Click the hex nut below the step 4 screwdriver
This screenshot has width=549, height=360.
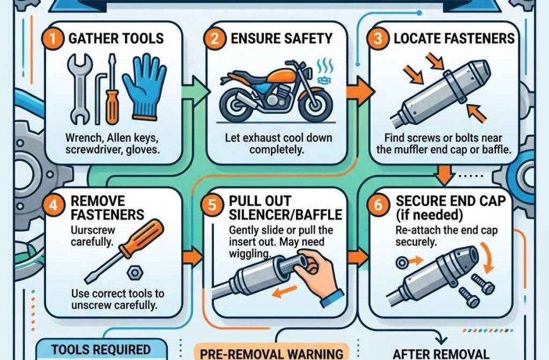[134, 271]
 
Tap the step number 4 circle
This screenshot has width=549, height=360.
[55, 203]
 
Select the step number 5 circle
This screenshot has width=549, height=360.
[216, 203]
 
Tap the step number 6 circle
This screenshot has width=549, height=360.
[378, 203]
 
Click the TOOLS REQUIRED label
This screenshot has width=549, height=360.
[101, 349]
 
